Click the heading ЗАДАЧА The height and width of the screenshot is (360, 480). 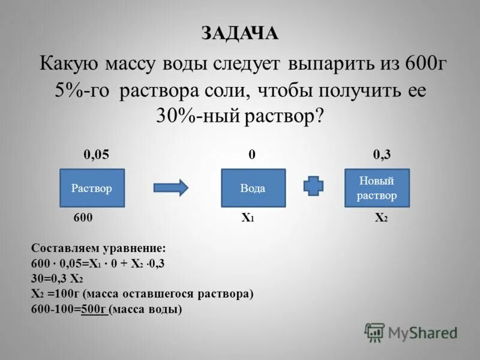(240, 34)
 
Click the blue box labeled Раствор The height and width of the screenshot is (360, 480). (92, 188)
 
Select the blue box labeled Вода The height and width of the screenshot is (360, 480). (253, 188)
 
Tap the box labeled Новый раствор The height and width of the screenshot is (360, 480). (377, 188)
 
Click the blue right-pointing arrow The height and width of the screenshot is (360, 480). (171, 188)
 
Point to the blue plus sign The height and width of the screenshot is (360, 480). (313, 187)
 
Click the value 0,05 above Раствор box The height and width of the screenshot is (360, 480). (96, 155)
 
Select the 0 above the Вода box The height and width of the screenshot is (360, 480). (253, 155)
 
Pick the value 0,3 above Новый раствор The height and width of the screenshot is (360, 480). (382, 155)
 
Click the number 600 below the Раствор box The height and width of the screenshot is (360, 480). (83, 218)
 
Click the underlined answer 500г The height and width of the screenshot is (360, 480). (94, 310)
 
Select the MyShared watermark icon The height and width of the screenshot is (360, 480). (375, 332)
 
